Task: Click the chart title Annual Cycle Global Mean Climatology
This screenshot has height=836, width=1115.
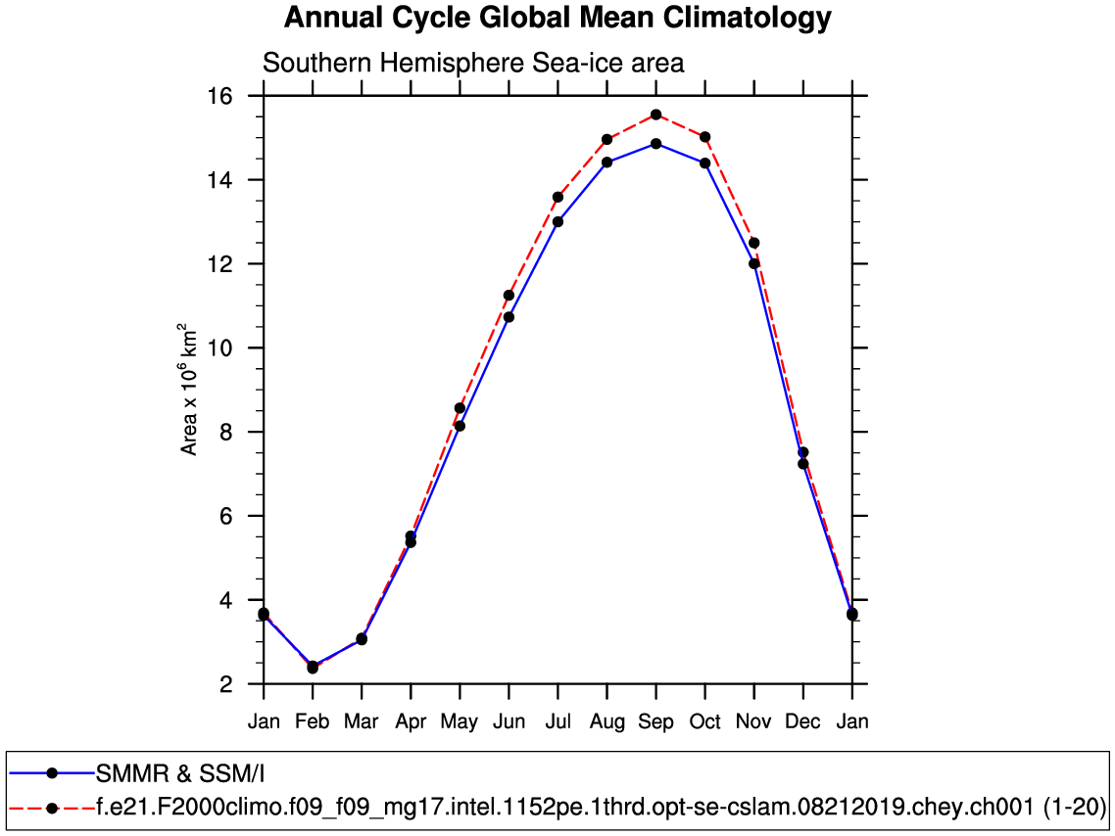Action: point(557,18)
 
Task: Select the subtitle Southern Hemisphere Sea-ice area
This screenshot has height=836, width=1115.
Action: point(473,63)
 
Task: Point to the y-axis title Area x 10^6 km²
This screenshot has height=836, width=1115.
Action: point(189,389)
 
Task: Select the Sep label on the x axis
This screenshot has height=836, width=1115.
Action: point(655,722)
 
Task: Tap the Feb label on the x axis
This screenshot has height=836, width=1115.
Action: point(313,722)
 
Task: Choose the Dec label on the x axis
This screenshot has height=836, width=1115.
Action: point(803,722)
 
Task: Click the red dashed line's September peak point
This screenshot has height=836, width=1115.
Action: point(655,115)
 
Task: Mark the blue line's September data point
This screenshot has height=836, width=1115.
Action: point(655,144)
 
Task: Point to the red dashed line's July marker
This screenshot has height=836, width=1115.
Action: point(557,197)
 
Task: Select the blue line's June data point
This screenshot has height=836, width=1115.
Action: point(509,317)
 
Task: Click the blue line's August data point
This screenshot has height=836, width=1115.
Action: point(606,163)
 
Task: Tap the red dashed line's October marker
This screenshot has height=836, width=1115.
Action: point(704,137)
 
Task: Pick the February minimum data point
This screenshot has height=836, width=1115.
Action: point(313,668)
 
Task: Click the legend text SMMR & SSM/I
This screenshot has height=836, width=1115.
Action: point(180,773)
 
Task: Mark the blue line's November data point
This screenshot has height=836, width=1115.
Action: point(753,263)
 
